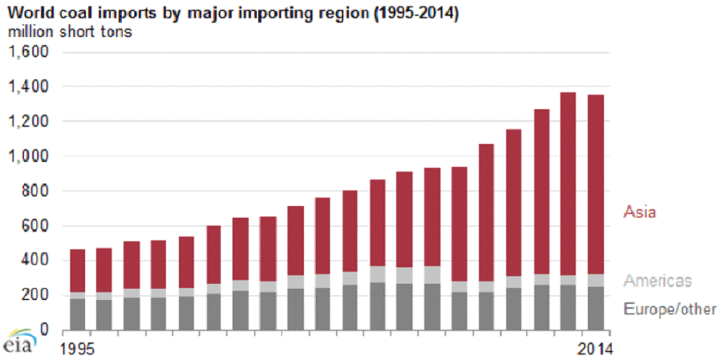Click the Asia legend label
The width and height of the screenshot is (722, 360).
[x=641, y=212]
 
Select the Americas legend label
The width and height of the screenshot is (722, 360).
[x=657, y=281]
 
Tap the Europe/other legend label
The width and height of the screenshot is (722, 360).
[x=669, y=309]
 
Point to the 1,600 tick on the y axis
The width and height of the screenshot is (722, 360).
[x=30, y=52]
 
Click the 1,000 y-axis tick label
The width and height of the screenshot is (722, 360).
[x=30, y=156]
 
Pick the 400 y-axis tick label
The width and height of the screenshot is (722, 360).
[x=37, y=261]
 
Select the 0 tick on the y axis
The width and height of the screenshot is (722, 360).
[x=46, y=330]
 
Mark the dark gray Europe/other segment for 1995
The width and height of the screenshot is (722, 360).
[x=78, y=314]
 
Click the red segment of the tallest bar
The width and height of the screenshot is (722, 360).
[x=568, y=184]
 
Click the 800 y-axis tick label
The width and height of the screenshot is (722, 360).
[x=37, y=191]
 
